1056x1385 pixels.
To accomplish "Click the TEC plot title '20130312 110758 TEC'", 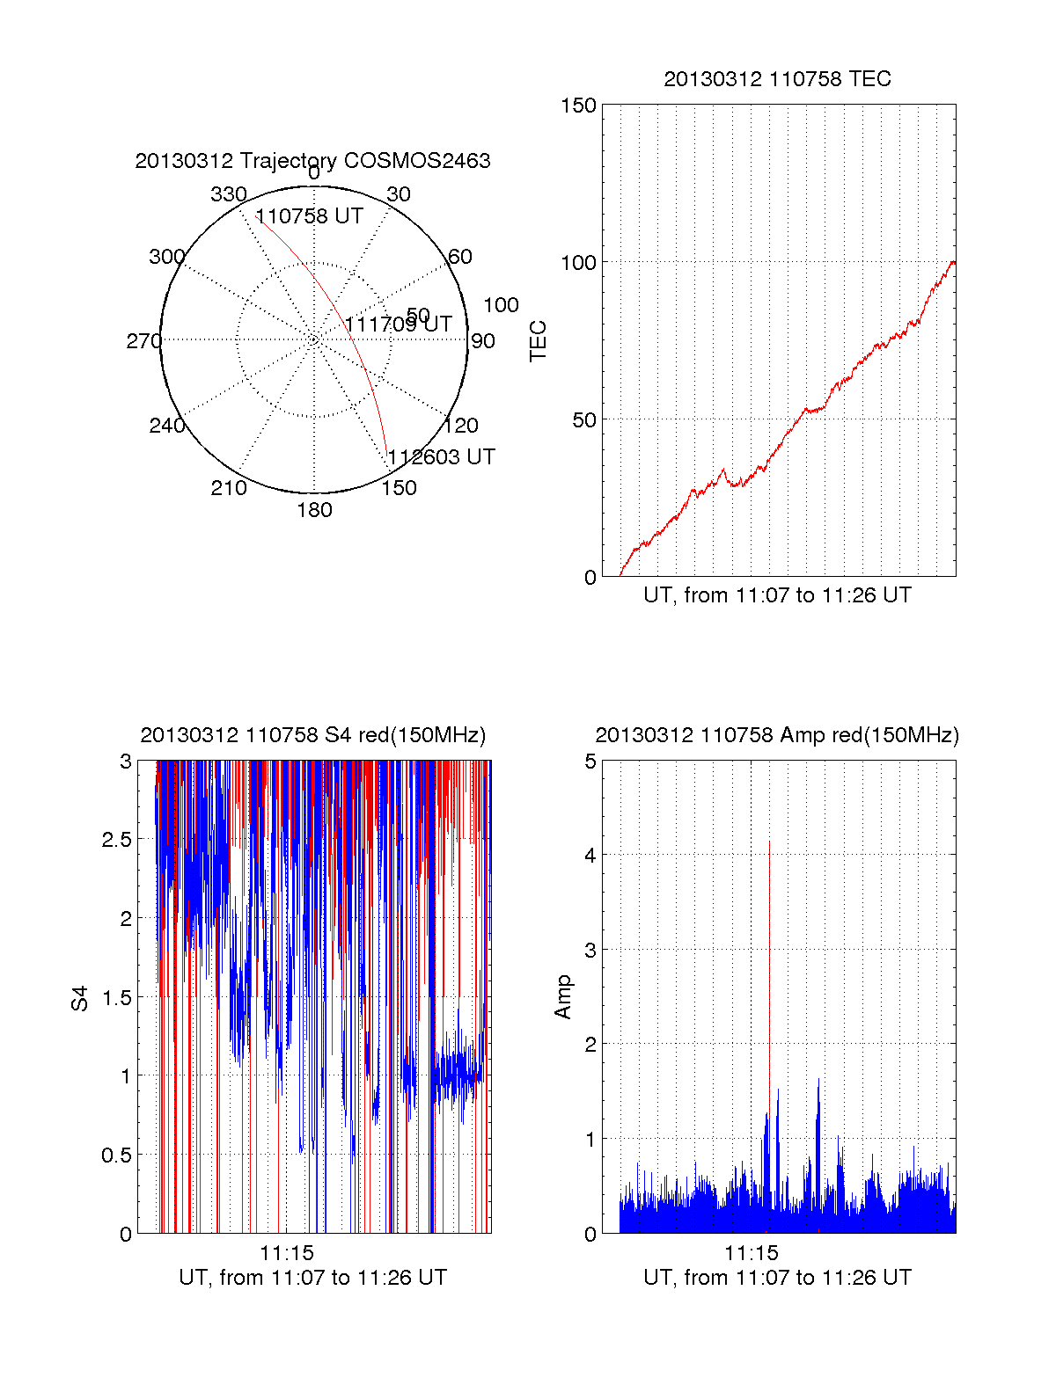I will (x=777, y=79).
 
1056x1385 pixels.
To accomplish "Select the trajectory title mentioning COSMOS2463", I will (x=312, y=161).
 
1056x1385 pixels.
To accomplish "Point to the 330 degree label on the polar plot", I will (x=229, y=194).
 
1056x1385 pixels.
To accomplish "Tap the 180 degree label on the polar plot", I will (x=314, y=510).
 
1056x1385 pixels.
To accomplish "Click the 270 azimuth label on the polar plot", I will (x=143, y=341).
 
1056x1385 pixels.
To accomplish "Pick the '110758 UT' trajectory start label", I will (x=309, y=216).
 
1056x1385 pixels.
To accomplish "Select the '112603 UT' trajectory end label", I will (x=442, y=457).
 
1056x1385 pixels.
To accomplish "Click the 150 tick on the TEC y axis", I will (x=578, y=106).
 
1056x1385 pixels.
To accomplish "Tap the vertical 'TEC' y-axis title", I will (x=539, y=341).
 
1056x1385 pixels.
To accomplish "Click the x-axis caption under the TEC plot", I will (x=777, y=595).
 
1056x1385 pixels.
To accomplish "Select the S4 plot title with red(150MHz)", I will (x=312, y=735).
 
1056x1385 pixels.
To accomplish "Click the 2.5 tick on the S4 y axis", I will (x=117, y=840).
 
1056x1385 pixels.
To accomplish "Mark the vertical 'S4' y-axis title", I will (x=80, y=998).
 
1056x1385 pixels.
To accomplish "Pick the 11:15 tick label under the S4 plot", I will (x=287, y=1253).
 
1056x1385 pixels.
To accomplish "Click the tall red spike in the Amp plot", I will (x=769, y=967).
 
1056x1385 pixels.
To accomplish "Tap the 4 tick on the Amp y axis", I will (x=590, y=855).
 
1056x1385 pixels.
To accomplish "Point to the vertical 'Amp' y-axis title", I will (x=563, y=996).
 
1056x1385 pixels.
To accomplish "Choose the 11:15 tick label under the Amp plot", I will (x=752, y=1253).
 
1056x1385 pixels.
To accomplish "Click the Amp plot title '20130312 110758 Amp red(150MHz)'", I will (x=777, y=735).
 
